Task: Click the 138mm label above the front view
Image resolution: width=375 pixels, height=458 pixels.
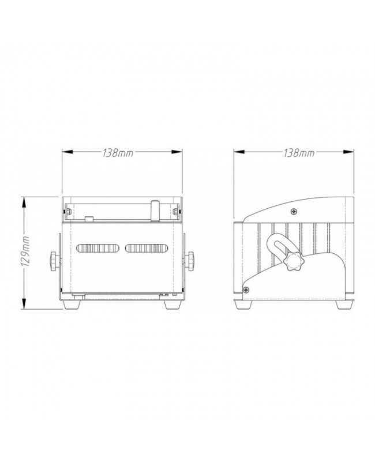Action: pyautogui.click(x=119, y=153)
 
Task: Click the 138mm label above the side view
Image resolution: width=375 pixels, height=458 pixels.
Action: pyautogui.click(x=298, y=153)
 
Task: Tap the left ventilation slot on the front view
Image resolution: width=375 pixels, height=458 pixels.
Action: pyautogui.click(x=97, y=248)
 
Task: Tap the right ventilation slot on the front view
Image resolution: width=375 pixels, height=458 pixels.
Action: pyautogui.click(x=147, y=248)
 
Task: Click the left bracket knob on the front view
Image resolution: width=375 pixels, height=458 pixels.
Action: pyautogui.click(x=55, y=260)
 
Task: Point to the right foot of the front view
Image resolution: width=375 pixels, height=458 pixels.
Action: pyautogui.click(x=171, y=304)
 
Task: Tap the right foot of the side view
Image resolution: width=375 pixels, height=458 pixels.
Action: pyautogui.click(x=344, y=304)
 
